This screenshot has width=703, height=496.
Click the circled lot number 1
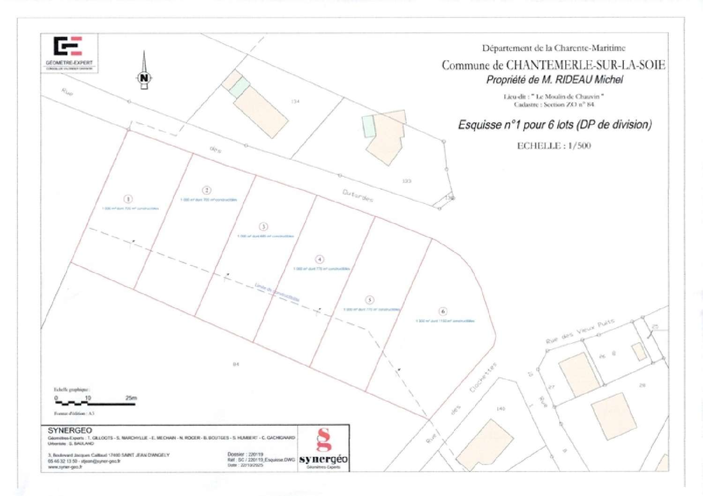(128, 199)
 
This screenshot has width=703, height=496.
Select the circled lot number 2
(206, 190)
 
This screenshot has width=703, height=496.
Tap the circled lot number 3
(263, 227)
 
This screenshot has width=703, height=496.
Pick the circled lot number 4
(320, 259)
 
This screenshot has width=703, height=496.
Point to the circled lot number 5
(369, 300)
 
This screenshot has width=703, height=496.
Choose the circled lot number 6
(443, 311)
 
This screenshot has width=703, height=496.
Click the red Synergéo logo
(323, 447)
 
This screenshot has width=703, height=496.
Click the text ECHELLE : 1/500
(554, 146)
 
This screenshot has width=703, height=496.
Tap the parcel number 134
(295, 101)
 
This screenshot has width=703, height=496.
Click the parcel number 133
(407, 181)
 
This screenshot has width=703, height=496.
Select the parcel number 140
(501, 409)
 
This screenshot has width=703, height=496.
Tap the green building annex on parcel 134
(239, 87)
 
